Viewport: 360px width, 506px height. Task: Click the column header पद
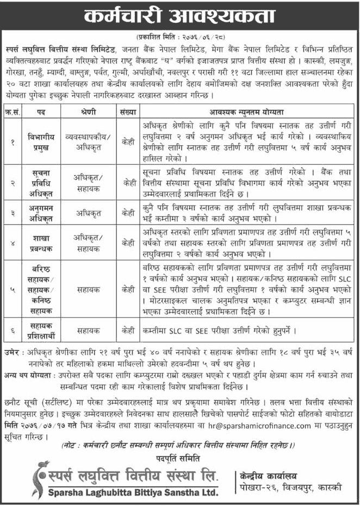click(x=40, y=113)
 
